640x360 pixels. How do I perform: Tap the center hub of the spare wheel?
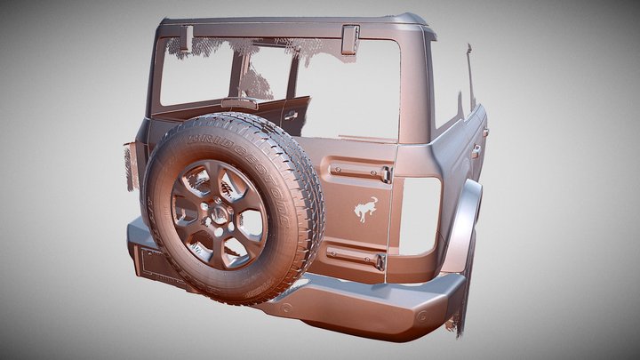(217, 212)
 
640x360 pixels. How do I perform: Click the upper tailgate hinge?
(361, 172)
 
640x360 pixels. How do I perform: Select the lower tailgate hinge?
(356, 258)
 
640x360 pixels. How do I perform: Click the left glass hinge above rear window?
(187, 38)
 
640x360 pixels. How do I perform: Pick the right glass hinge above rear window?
(349, 38)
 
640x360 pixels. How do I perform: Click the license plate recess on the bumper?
(155, 264)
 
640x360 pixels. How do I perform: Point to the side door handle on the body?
(476, 151)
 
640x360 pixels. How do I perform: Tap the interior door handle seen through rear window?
(291, 114)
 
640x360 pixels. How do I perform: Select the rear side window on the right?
(449, 84)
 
